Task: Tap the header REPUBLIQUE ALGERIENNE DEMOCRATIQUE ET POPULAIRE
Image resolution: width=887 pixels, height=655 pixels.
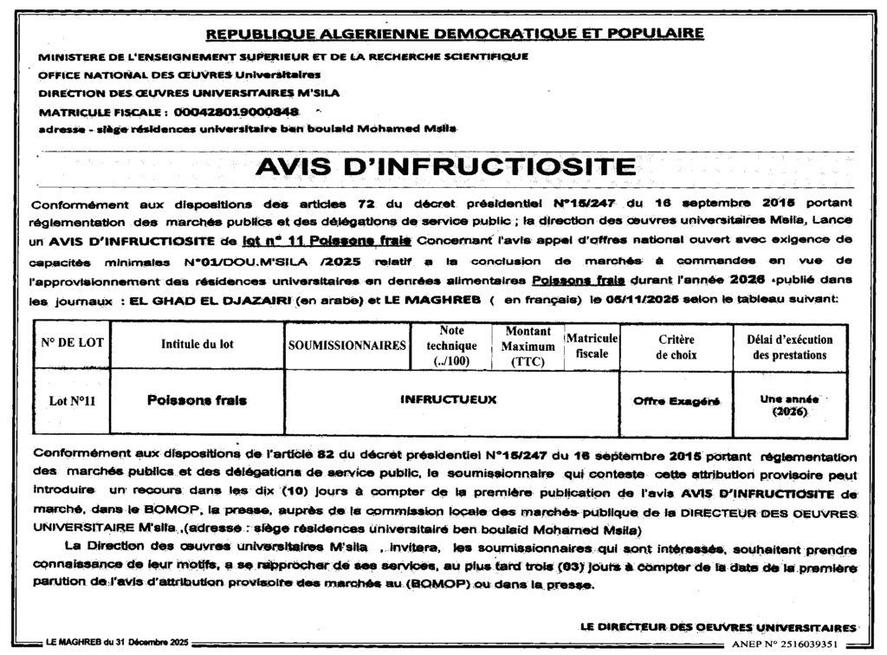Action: point(454,34)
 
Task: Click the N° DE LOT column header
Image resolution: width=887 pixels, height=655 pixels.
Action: point(72,343)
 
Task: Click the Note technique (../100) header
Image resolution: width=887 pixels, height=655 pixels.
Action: point(451,346)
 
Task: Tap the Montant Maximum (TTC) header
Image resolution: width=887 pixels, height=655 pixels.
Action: point(528,346)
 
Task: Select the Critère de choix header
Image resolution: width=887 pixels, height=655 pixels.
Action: point(675,347)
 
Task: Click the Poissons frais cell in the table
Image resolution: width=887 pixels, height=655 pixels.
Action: point(197,400)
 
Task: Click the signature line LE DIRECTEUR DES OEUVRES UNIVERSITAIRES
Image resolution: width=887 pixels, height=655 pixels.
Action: point(719,626)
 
